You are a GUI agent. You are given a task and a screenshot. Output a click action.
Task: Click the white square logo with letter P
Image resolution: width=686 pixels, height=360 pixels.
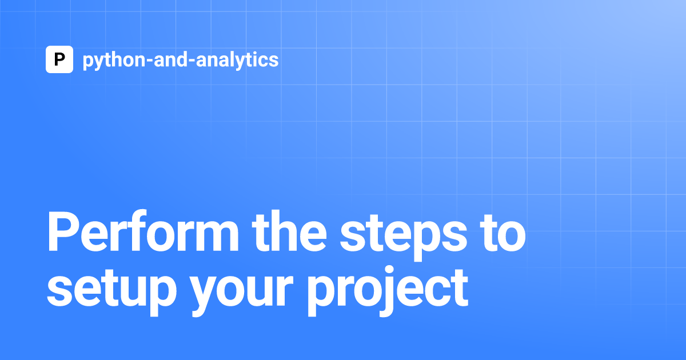[x=59, y=59]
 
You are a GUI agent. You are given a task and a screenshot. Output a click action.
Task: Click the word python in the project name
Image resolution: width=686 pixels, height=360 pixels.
[x=114, y=61]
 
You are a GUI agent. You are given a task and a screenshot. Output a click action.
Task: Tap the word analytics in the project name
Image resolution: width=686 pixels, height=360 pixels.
[x=237, y=61]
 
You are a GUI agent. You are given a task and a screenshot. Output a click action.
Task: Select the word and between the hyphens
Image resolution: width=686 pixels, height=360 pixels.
[x=171, y=59]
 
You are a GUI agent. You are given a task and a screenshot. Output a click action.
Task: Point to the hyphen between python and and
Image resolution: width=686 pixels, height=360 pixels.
[x=150, y=61]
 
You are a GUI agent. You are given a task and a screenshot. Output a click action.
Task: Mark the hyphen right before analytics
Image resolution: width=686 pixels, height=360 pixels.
[x=192, y=61]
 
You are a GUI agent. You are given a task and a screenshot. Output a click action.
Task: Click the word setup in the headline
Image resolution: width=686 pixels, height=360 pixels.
[x=112, y=291]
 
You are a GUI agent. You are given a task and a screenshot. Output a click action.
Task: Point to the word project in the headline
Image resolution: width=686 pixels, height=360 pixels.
[x=388, y=291]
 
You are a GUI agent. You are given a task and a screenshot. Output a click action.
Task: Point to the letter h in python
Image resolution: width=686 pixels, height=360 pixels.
[x=115, y=59]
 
